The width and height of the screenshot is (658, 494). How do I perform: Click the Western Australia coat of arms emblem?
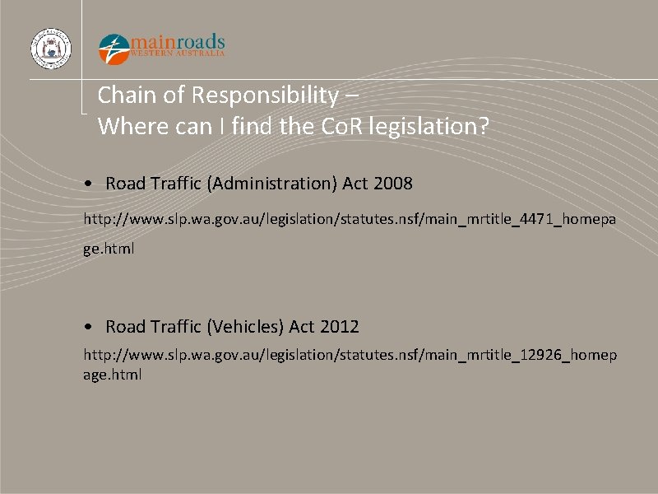tap(51, 49)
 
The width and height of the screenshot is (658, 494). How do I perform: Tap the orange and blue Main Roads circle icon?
tap(114, 49)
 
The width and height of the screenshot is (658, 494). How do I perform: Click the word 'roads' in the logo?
tap(197, 41)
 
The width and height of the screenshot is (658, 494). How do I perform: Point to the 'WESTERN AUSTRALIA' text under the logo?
tap(178, 54)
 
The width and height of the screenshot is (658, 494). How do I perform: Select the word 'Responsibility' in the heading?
tap(264, 96)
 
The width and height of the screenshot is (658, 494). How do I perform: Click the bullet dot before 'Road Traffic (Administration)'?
tap(88, 184)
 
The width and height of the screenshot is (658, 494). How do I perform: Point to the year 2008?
tap(392, 184)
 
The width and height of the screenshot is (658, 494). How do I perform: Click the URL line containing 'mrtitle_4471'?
tap(350, 220)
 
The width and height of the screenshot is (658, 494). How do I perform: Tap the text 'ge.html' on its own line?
tap(109, 247)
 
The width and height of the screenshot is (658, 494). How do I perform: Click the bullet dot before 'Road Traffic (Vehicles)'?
tap(88, 327)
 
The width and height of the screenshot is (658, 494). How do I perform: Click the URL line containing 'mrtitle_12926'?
tap(350, 355)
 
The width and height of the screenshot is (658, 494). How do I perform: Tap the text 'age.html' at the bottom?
tap(113, 375)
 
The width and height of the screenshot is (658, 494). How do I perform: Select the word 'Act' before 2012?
tap(302, 327)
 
